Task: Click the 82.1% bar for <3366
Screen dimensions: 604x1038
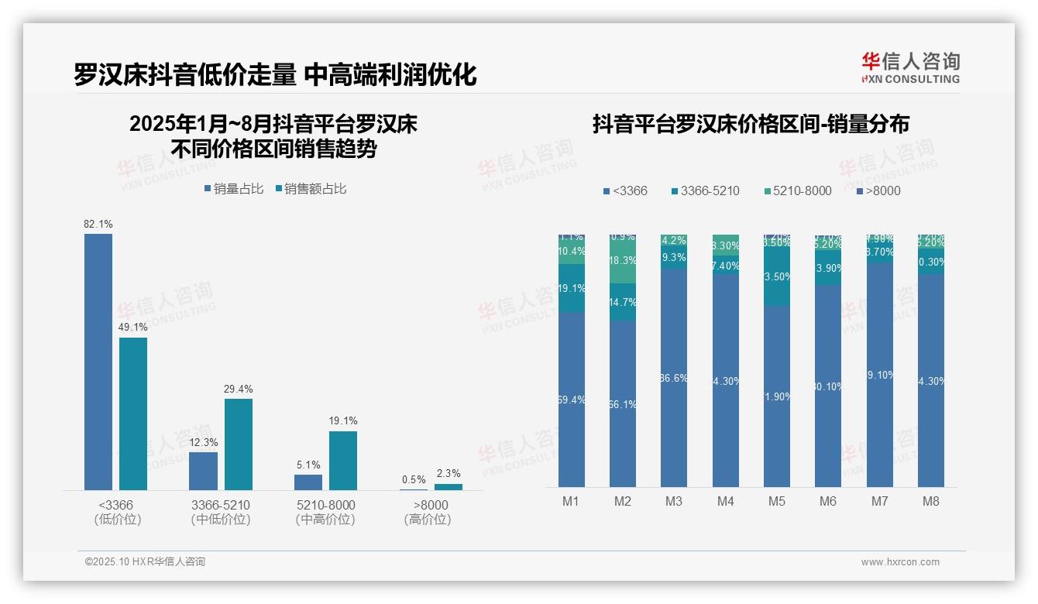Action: pos(98,362)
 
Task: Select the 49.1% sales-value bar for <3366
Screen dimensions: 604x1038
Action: pos(133,414)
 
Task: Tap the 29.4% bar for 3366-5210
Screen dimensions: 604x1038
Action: pos(239,444)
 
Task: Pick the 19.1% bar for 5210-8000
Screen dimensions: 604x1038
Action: pos(343,461)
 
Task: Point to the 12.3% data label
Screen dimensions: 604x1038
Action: pos(204,442)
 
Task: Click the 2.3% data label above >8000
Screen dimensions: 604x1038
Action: pos(449,474)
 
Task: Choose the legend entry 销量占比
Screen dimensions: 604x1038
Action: pos(234,189)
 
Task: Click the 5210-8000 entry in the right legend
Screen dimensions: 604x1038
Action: pos(797,190)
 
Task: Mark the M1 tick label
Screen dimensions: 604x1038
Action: pos(571,501)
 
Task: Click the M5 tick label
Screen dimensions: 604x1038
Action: pos(777,501)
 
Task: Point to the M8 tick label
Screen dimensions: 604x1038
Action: pos(931,501)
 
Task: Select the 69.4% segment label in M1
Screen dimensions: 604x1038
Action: pos(572,400)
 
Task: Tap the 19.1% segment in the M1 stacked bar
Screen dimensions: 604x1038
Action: pos(572,288)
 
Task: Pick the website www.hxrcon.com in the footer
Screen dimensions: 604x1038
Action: pos(900,562)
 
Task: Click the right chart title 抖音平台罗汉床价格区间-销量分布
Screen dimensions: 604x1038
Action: pos(751,124)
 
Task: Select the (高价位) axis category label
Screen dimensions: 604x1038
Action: pos(428,520)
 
